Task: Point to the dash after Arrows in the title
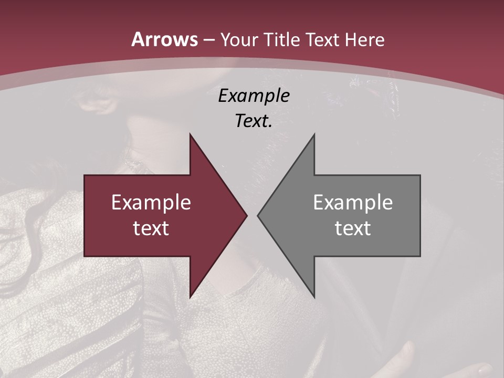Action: coord(209,40)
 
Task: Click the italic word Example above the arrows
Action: coord(254,96)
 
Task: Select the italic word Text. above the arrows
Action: coord(253,121)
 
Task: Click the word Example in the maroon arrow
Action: coord(151,203)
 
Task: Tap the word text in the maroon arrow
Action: coord(151,228)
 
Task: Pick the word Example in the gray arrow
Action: coord(353,203)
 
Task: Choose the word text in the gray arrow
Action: coord(353,228)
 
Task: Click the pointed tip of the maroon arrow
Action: coord(246,215)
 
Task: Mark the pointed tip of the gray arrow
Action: coord(258,215)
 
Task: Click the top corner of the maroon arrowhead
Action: coord(190,135)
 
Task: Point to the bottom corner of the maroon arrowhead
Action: coord(190,297)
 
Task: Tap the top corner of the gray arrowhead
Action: coord(314,135)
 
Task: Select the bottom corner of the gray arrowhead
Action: coord(314,297)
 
